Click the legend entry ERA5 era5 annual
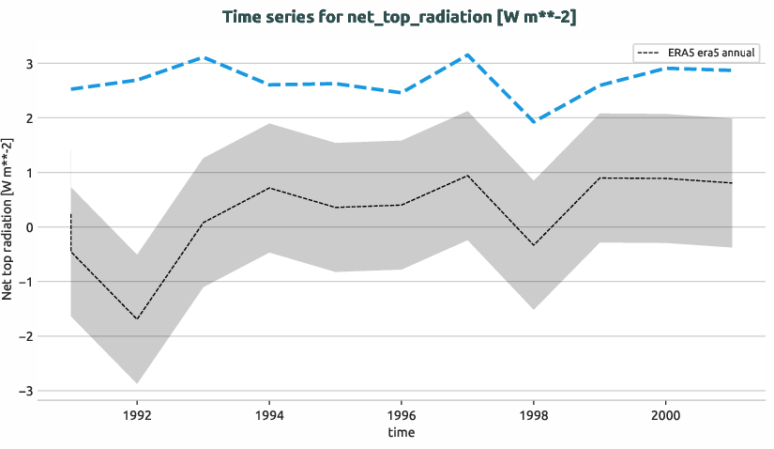pyautogui.click(x=695, y=53)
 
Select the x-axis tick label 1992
pyautogui.click(x=137, y=413)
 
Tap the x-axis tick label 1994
pyautogui.click(x=269, y=413)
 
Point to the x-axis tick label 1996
pyautogui.click(x=402, y=413)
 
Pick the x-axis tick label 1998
pyautogui.click(x=534, y=413)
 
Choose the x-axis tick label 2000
pyautogui.click(x=665, y=413)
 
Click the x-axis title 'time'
pyautogui.click(x=401, y=432)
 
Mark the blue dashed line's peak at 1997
pyautogui.click(x=467, y=54)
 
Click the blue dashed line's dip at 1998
pyautogui.click(x=534, y=122)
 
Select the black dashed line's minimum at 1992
pyautogui.click(x=137, y=319)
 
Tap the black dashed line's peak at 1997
pyautogui.click(x=467, y=176)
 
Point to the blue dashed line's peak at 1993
pyautogui.click(x=204, y=57)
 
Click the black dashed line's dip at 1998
pyautogui.click(x=534, y=245)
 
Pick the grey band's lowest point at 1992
pyautogui.click(x=137, y=383)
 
